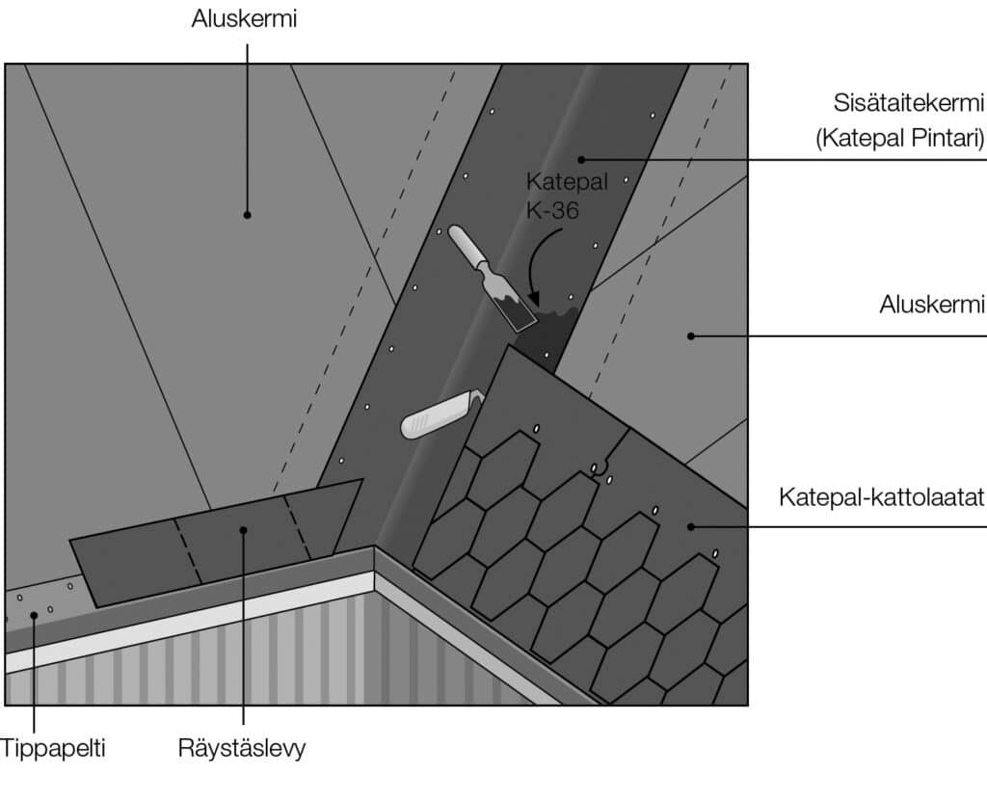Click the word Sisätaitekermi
coord(909,103)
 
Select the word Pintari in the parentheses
coord(940,139)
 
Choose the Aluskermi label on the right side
coord(932,306)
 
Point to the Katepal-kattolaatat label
coord(881,498)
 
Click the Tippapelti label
coord(52,748)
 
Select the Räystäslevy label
coord(242,748)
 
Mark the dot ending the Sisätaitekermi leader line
coord(581,158)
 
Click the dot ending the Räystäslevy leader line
coord(244,528)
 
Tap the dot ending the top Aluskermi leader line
coord(247,214)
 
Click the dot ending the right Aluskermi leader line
coord(690,335)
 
